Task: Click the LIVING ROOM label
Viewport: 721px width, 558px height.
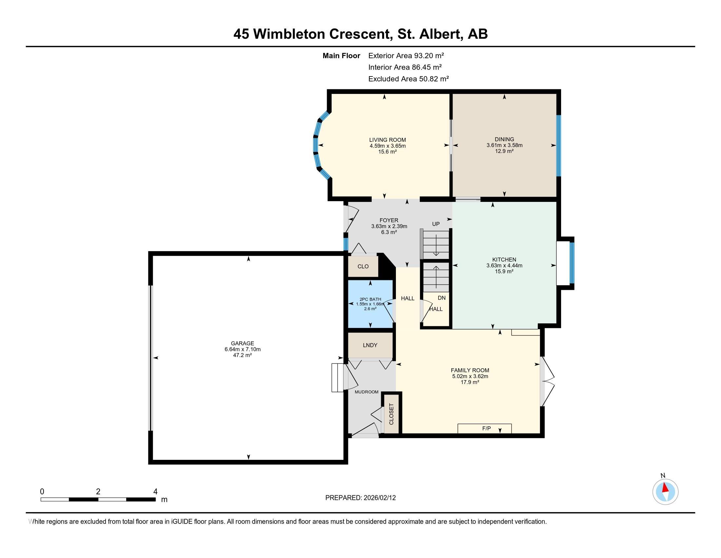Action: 387,140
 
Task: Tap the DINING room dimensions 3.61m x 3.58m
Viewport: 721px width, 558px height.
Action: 504,145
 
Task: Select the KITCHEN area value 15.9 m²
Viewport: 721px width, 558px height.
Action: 504,271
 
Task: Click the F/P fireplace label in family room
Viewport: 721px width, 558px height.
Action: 486,428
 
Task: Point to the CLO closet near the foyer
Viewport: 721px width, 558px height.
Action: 363,267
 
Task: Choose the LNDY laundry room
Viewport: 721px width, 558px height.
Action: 370,345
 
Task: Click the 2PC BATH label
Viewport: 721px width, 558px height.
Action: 370,299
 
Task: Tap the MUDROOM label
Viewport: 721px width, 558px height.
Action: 366,392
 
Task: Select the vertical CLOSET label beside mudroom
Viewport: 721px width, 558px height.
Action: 392,414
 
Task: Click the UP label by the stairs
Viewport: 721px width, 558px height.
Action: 436,224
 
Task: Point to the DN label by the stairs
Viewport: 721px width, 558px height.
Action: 441,298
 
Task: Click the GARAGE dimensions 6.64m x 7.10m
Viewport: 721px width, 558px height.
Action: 242,349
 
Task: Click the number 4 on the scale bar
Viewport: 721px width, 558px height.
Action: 155,491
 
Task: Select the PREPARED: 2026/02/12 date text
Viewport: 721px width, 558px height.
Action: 360,498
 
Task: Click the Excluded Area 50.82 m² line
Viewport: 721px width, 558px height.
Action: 408,79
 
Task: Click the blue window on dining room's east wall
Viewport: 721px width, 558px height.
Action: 558,145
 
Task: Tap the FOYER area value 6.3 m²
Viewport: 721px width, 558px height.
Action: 389,232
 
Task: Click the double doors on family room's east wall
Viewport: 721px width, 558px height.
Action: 547,381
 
